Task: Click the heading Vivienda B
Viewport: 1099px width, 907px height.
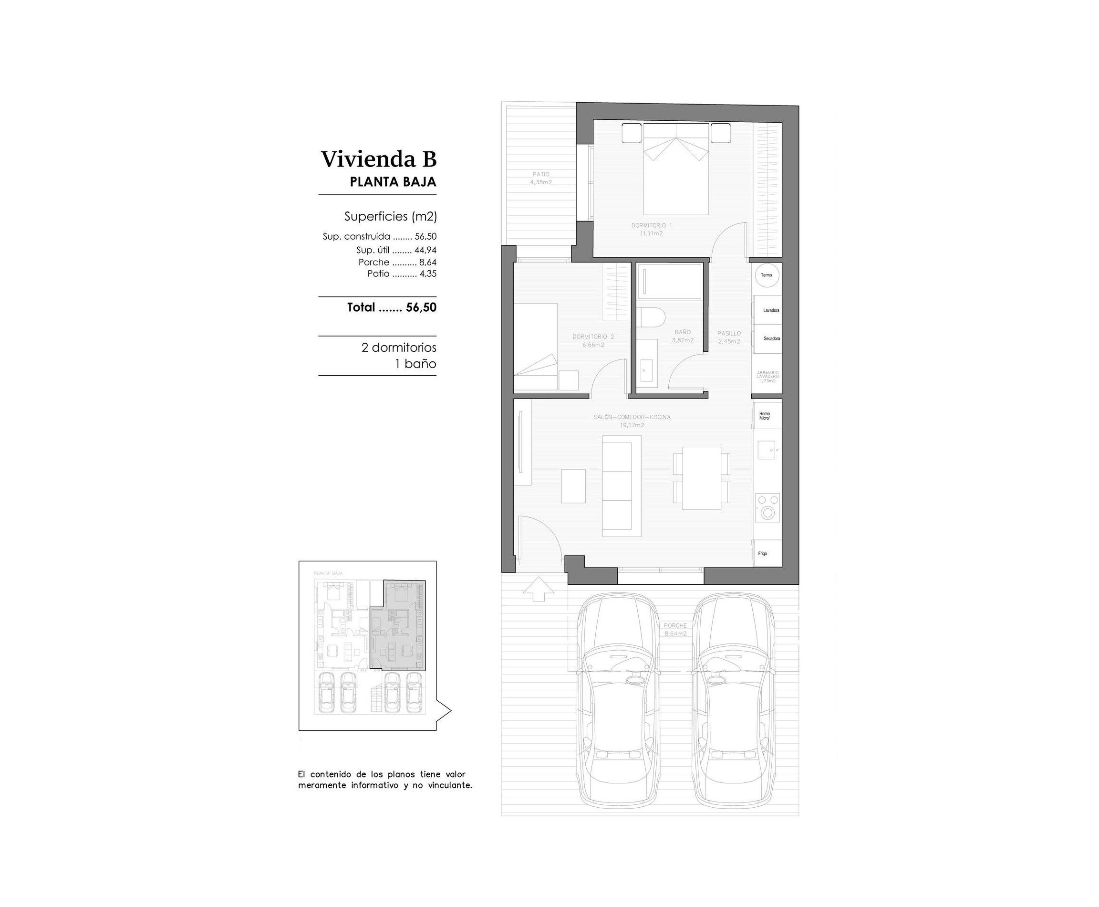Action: pos(379,159)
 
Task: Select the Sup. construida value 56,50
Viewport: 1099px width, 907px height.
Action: pos(425,237)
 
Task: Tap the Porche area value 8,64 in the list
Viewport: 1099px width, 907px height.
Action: pos(427,262)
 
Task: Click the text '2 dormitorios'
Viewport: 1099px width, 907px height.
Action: pos(398,348)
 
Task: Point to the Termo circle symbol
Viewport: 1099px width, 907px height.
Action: pos(766,275)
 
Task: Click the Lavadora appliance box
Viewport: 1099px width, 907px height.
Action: pos(767,310)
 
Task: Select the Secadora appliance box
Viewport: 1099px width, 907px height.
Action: pos(767,338)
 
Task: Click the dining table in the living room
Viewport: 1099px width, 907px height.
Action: pos(702,478)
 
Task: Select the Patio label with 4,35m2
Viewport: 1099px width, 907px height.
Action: pos(540,178)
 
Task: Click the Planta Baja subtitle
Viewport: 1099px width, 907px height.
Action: pos(393,182)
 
